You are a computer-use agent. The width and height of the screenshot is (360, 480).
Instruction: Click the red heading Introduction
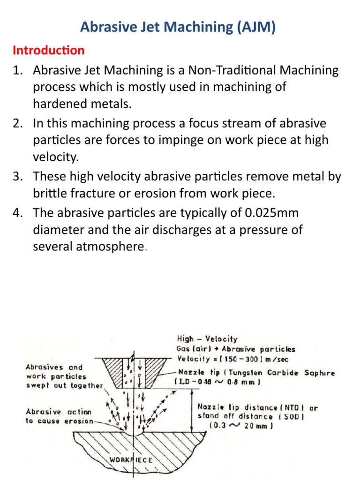[48, 50]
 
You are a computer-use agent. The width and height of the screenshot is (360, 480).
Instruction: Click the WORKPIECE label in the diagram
[131, 459]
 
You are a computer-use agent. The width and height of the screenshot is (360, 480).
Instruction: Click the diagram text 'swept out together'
[64, 385]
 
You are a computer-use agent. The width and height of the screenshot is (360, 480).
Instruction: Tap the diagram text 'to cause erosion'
[59, 420]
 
